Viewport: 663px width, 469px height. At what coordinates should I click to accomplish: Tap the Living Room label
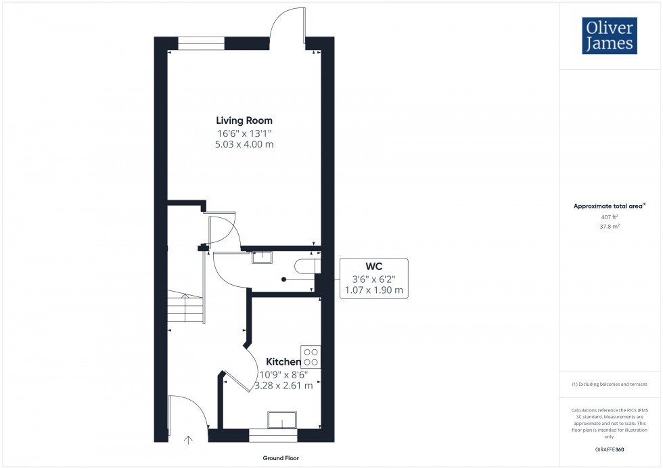point(244,120)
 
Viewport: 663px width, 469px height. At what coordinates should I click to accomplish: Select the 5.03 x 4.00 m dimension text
point(244,144)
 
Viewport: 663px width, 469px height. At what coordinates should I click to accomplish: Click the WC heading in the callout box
point(374,267)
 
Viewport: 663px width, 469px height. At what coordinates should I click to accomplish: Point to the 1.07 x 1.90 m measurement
point(374,290)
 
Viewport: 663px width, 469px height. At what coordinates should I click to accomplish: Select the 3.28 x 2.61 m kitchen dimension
point(283,385)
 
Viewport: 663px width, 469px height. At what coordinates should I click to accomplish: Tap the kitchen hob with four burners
point(311,357)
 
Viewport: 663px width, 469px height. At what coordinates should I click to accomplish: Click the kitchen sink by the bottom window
point(283,420)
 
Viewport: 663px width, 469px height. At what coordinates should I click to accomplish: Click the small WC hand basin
point(261,256)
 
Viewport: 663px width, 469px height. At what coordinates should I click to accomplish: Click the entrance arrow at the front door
point(188,439)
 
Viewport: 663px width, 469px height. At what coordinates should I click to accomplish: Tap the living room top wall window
point(201,43)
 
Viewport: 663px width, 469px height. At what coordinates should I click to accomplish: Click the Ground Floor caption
point(282,458)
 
